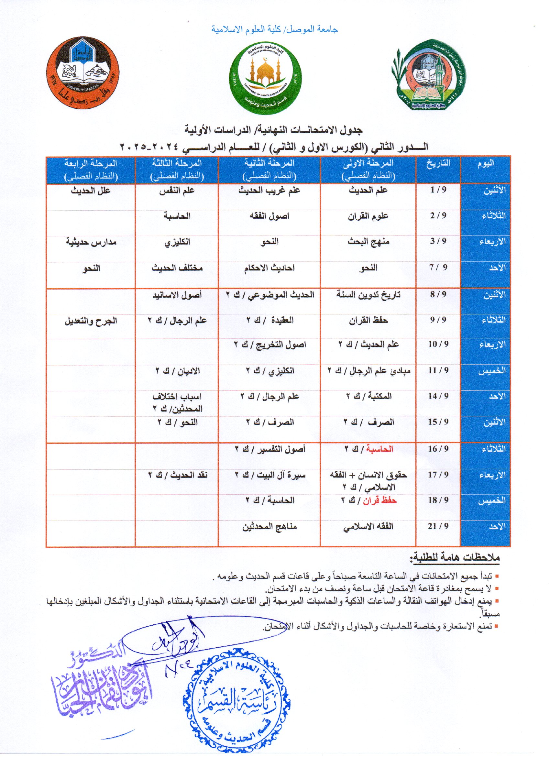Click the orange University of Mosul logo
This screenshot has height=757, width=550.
click(x=82, y=73)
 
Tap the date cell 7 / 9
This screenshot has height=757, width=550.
click(x=438, y=267)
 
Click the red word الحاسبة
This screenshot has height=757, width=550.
click(x=379, y=449)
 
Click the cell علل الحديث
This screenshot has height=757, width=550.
click(x=91, y=191)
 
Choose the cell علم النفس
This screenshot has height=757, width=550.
click(x=177, y=191)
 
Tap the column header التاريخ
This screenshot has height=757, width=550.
click(x=438, y=163)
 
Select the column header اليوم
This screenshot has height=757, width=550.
click(x=486, y=164)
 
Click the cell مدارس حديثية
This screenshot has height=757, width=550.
click(x=91, y=242)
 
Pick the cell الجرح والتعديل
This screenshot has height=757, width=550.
click(x=91, y=321)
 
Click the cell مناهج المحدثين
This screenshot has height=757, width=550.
click(x=269, y=527)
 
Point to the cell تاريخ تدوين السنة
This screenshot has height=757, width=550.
click(x=368, y=295)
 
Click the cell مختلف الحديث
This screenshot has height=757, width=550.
click(x=177, y=268)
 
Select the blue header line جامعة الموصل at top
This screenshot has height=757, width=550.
click(x=274, y=29)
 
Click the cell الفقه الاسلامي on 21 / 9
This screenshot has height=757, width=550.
click(x=368, y=527)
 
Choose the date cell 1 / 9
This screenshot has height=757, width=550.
click(x=438, y=190)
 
